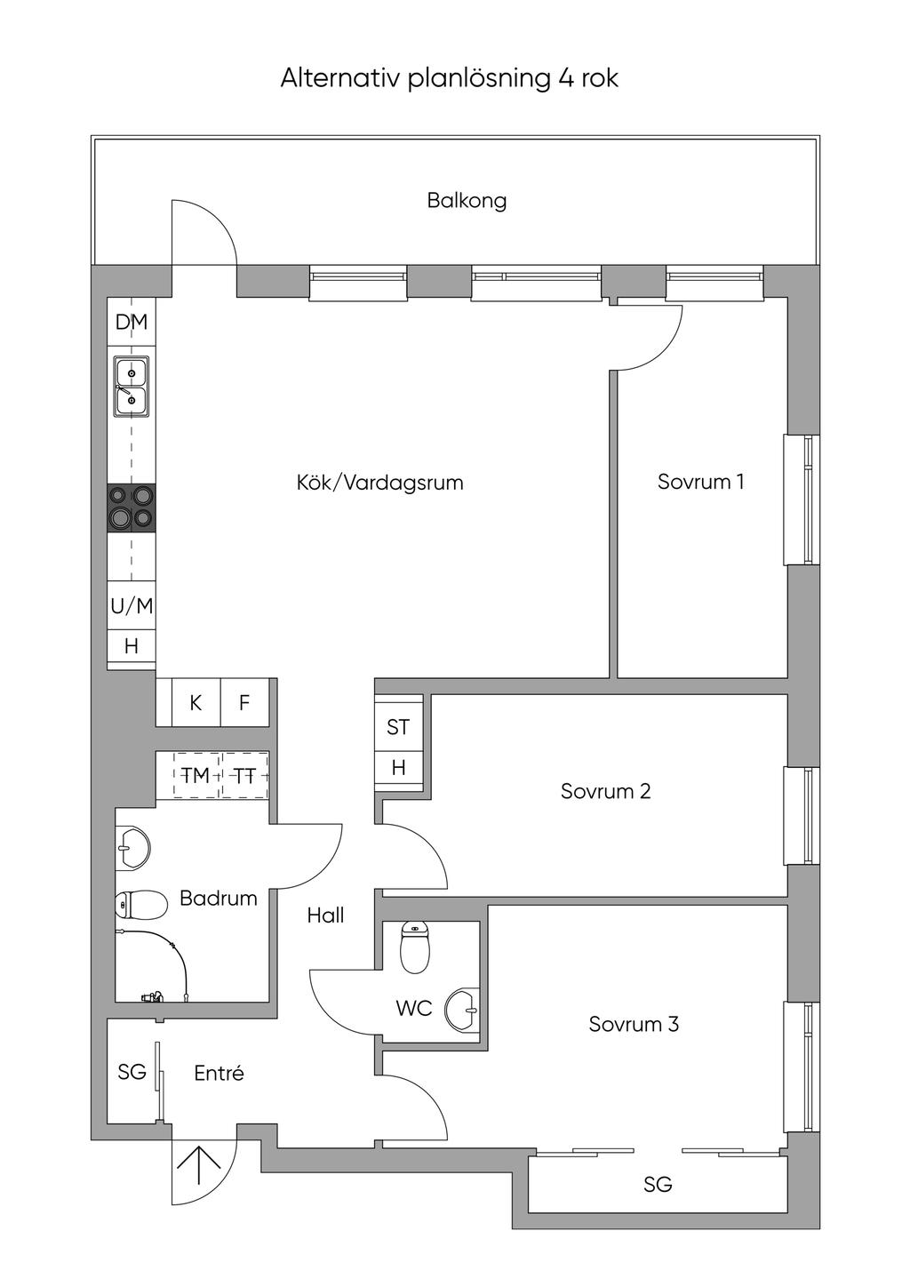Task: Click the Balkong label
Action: pyautogui.click(x=467, y=201)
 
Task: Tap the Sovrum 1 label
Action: pyautogui.click(x=700, y=482)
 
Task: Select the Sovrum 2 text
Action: pyautogui.click(x=605, y=791)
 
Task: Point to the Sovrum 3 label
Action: pyautogui.click(x=634, y=1024)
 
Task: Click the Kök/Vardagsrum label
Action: pyautogui.click(x=379, y=483)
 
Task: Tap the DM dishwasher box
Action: pyautogui.click(x=132, y=322)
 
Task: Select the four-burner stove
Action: pyautogui.click(x=132, y=508)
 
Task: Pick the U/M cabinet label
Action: pyautogui.click(x=132, y=605)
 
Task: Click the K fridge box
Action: pyautogui.click(x=196, y=703)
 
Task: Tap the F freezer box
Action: pyautogui.click(x=244, y=703)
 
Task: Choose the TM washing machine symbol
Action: pyautogui.click(x=196, y=776)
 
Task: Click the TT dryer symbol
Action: pyautogui.click(x=245, y=776)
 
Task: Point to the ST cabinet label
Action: pyautogui.click(x=398, y=727)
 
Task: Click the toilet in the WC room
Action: pyautogui.click(x=414, y=947)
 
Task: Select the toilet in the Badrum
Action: pyautogui.click(x=140, y=904)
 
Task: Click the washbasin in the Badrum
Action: pyautogui.click(x=132, y=847)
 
